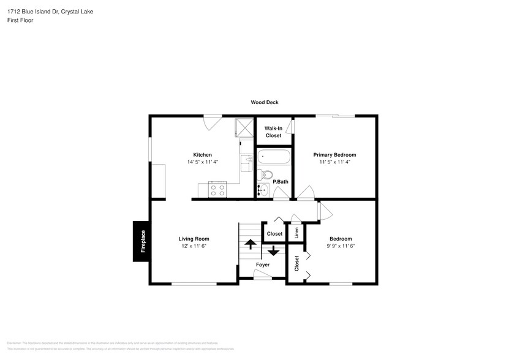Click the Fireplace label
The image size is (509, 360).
click(143, 241)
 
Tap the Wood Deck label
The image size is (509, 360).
click(264, 102)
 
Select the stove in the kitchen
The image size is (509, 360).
click(217, 190)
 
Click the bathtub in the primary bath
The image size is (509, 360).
click(273, 157)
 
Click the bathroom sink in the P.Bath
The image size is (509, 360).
click(262, 190)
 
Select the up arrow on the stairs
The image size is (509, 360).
click(250, 244)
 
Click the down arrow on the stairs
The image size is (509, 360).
click(273, 250)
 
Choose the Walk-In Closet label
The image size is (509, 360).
click(273, 132)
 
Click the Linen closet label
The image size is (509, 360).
click(296, 233)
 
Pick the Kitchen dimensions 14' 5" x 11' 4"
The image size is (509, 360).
click(202, 162)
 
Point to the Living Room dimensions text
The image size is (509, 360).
click(194, 246)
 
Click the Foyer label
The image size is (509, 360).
click(263, 264)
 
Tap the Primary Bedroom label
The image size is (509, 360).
click(334, 155)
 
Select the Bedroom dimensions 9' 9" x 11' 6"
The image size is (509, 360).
click(341, 246)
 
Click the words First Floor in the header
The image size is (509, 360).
click(21, 20)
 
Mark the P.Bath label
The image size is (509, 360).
click(281, 181)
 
